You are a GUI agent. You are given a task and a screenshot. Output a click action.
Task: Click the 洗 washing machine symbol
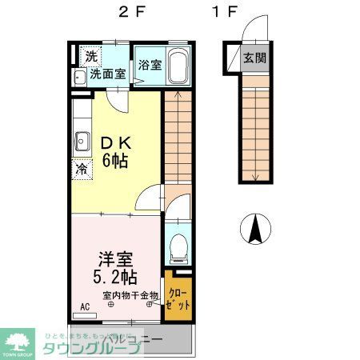pos(90,56)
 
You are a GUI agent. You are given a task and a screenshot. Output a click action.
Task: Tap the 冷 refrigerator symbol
pos(81,169)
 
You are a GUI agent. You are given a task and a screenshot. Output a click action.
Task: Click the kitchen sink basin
pos(81,143)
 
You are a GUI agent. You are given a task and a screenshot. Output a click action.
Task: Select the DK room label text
pos(116,143)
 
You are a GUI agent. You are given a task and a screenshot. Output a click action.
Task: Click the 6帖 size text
pos(116,160)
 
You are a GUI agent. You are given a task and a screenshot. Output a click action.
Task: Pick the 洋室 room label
pos(115,261)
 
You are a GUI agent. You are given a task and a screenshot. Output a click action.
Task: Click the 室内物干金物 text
pos(130,295)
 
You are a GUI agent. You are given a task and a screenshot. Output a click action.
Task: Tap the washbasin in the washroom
pos(79,78)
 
